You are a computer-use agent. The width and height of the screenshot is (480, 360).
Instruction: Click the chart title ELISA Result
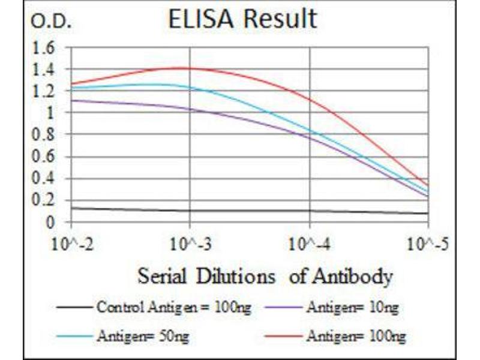(242, 19)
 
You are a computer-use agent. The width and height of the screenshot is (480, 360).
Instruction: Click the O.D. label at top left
(50, 23)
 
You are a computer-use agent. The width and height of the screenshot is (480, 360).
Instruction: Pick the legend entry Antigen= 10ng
(352, 308)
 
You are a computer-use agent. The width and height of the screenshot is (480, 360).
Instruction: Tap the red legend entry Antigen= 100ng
(354, 336)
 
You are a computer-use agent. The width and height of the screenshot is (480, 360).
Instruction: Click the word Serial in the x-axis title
(160, 277)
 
